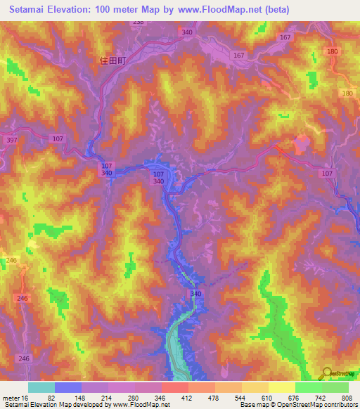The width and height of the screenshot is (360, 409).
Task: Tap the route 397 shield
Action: [11, 141]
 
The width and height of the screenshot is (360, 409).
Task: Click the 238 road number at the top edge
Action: [138, 22]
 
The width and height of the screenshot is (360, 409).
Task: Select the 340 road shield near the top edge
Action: [186, 33]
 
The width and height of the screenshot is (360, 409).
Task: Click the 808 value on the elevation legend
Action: [347, 398]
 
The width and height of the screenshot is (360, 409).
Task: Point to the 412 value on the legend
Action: [187, 398]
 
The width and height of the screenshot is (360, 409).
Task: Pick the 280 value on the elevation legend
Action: [133, 398]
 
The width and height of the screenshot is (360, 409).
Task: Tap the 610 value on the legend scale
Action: [267, 398]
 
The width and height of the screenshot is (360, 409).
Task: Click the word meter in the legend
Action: [10, 398]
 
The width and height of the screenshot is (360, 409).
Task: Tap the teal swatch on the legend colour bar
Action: [41, 387]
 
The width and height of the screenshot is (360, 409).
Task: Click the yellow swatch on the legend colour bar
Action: [281, 387]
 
